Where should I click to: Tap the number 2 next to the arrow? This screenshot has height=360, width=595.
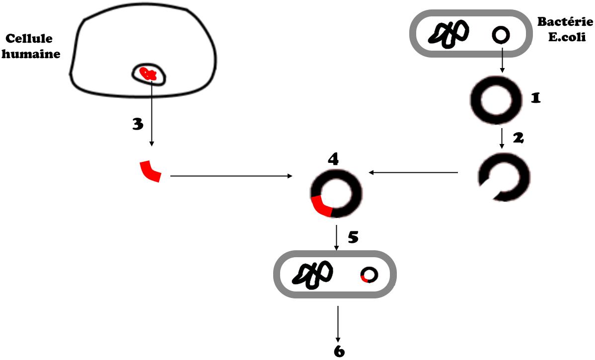pos(518,139)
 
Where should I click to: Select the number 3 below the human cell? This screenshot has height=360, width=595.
pos(138,124)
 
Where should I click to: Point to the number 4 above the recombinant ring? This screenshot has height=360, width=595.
pos(333,159)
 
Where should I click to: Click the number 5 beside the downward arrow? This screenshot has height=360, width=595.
pos(353,237)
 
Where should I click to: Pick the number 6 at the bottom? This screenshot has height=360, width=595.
pos(339,351)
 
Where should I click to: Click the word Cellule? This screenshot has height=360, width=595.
pos(29,39)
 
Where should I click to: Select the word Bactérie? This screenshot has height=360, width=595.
pos(565,22)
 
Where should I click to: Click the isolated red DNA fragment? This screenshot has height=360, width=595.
pos(150,171)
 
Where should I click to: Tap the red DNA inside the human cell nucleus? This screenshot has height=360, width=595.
pos(148,75)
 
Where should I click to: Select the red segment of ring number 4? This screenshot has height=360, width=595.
pos(321,207)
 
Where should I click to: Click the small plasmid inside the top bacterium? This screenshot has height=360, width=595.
pos(501,35)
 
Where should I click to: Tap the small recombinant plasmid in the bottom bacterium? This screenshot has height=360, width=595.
pos(369,275)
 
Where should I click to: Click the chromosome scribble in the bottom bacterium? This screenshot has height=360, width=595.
pos(312,275)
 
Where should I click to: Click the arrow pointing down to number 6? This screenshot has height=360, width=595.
pos(338,323)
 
